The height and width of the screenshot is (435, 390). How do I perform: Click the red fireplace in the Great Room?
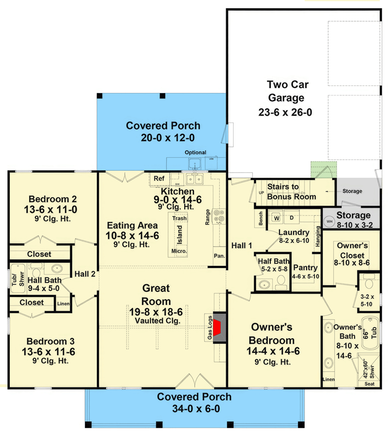[x=218, y=328]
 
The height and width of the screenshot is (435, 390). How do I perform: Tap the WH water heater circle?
[x=330, y=221]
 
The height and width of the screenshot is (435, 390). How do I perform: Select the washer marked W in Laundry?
[x=276, y=218]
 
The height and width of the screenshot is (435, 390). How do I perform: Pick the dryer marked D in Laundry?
[x=291, y=218]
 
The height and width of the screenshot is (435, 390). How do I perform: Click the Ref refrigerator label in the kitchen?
[x=159, y=178]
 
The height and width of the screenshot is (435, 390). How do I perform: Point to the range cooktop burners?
[x=218, y=216]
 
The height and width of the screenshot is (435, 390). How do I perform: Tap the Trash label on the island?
[x=179, y=219]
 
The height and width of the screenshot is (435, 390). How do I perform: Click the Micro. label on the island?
[x=179, y=251]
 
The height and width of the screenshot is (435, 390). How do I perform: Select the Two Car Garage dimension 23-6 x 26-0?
[x=285, y=112]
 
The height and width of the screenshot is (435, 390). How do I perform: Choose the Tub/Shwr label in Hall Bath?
[x=18, y=279]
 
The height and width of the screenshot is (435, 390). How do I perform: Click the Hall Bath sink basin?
[x=57, y=268]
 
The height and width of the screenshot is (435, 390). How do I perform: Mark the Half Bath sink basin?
[x=264, y=284]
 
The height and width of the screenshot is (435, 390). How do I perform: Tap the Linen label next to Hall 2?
[x=63, y=304]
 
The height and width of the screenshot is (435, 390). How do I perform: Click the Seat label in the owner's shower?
[x=369, y=384]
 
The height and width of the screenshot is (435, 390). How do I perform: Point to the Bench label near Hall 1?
[x=261, y=219]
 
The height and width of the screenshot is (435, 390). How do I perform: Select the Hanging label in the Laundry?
[x=318, y=237]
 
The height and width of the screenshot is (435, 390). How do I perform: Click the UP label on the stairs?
[x=261, y=192]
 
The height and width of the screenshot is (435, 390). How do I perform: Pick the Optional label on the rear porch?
[x=196, y=152]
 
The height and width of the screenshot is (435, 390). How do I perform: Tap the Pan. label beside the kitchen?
[x=220, y=256]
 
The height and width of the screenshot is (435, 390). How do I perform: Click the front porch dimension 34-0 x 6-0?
[x=196, y=409]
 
